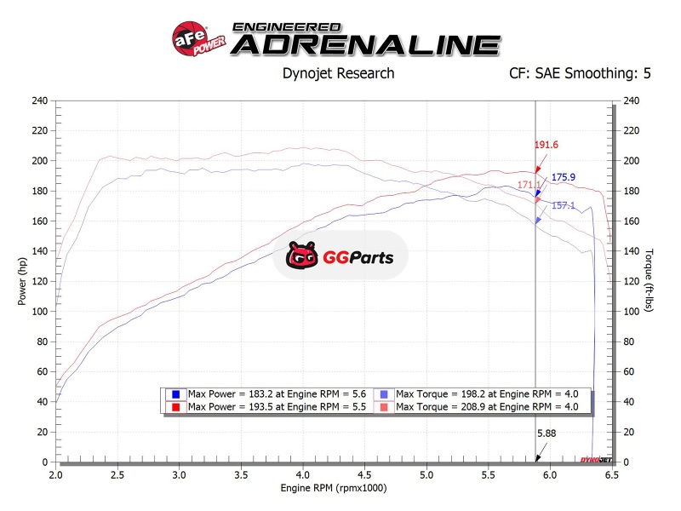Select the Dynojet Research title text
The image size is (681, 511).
338,73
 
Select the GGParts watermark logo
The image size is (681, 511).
340,255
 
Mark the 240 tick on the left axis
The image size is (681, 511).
39,100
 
